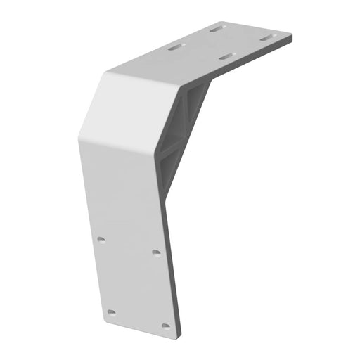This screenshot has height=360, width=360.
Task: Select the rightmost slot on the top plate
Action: pyautogui.click(x=266, y=38)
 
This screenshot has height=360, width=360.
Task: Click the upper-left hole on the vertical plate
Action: pyautogui.click(x=101, y=240)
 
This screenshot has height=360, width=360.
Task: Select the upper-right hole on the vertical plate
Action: pyautogui.click(x=156, y=252)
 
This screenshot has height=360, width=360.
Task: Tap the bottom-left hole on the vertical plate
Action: pyautogui.click(x=111, y=311)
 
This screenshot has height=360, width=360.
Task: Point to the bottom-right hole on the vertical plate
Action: pyautogui.click(x=165, y=326)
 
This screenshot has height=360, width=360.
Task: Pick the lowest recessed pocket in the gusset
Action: pyautogui.click(x=169, y=168)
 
